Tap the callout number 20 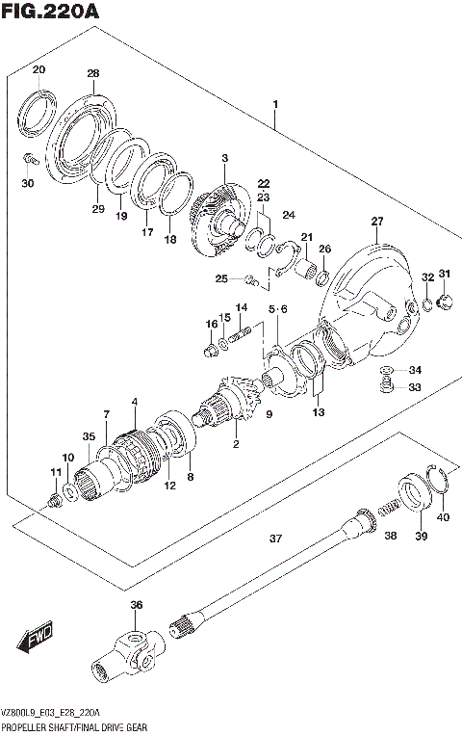click(x=38, y=69)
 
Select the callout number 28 click(x=92, y=73)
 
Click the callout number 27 click(x=376, y=222)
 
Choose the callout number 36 click(x=136, y=605)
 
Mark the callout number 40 click(x=443, y=516)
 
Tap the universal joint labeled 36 click(x=125, y=655)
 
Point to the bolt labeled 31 click(x=444, y=304)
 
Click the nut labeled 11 click(x=54, y=500)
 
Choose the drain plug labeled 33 click(x=385, y=387)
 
